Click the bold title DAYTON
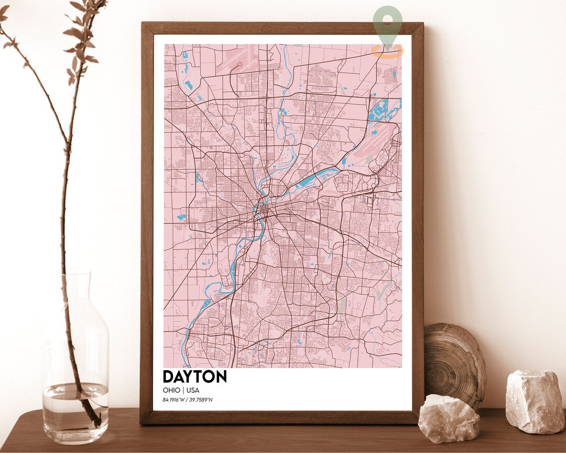click(x=194, y=376)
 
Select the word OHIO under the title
click(x=171, y=390)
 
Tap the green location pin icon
click(x=388, y=24)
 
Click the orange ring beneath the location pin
click(x=388, y=51)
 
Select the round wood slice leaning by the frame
click(x=454, y=364)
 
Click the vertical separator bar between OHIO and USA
click(x=182, y=390)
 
